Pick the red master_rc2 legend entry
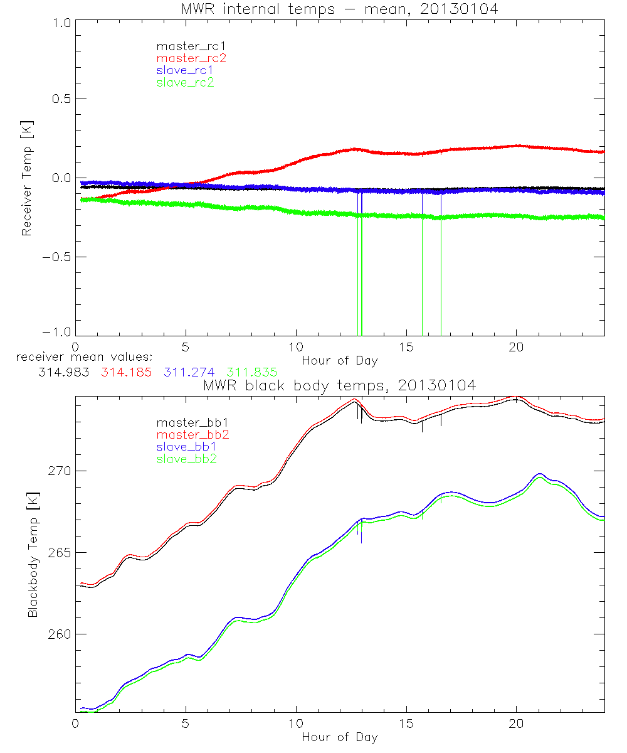click(x=191, y=58)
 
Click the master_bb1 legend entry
click(x=190, y=422)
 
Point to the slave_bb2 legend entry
click(x=187, y=459)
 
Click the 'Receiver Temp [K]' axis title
click(x=26, y=179)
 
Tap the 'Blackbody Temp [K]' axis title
click(x=33, y=555)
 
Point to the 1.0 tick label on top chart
click(x=60, y=21)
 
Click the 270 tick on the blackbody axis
click(x=59, y=471)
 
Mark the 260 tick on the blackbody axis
click(x=59, y=634)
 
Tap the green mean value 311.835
click(x=252, y=372)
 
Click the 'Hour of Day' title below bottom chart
click(x=339, y=737)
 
